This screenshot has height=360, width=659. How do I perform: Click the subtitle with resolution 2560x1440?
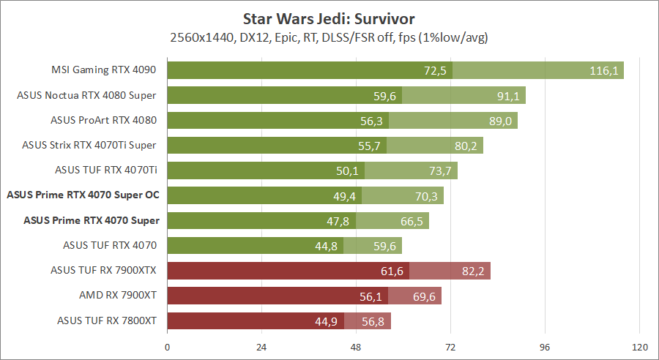329,37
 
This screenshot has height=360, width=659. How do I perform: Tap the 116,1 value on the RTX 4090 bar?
605,70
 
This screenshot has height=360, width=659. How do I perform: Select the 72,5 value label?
435,70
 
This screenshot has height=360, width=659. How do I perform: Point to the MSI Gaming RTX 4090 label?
104,70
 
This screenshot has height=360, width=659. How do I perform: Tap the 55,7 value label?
370,146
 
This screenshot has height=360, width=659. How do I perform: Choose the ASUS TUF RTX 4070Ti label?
106,170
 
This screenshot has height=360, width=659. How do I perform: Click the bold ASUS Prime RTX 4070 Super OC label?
83,195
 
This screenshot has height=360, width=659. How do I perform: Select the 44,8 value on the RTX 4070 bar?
327,246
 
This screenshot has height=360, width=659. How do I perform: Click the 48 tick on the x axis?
356,347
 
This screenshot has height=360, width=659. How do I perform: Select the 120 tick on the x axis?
639,347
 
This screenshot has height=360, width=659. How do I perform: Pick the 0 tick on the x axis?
168,347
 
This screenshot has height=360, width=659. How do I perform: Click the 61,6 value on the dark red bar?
392,271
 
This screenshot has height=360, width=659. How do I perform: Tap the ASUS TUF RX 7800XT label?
108,320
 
